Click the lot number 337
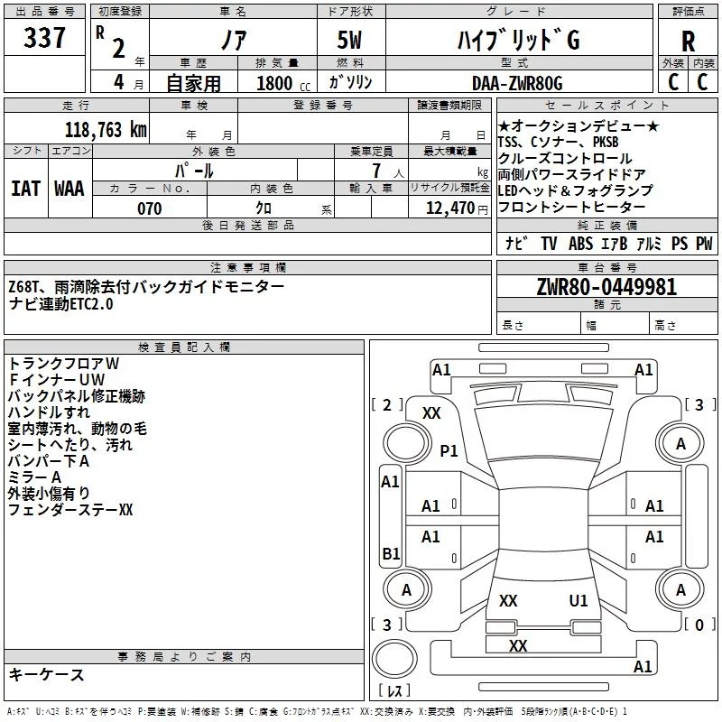point(45,38)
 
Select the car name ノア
point(233,40)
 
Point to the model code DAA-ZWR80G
point(517,83)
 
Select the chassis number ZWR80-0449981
point(606,288)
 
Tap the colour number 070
point(149,208)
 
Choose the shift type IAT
point(26,188)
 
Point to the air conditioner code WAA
point(69,188)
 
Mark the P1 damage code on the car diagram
point(449,449)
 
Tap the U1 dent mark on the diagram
point(579,600)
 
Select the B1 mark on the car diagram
point(390,553)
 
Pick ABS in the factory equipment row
point(580,243)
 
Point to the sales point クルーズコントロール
point(565,158)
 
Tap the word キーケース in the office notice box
point(47,674)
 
